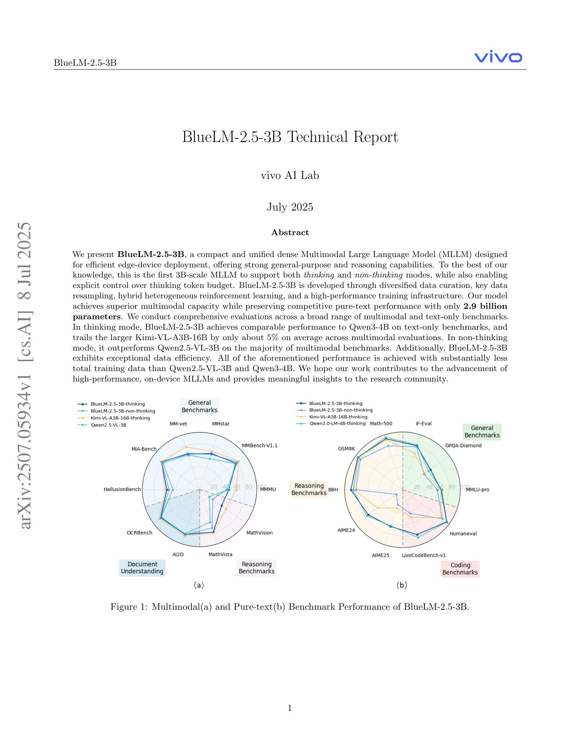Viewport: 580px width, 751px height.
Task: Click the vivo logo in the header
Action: tap(498, 58)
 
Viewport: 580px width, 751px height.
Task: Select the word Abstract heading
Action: tap(290, 232)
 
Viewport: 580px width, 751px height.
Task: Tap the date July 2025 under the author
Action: tap(290, 207)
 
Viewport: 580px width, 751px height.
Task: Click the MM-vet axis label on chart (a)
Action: tap(178, 424)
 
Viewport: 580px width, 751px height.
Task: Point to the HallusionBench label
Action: tap(122, 489)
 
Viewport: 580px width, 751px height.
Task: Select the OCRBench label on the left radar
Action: tap(140, 533)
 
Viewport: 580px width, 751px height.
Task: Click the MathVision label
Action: tap(259, 533)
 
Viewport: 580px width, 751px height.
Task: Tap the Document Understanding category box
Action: tap(142, 568)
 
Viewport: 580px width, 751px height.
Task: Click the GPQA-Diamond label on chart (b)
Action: tap(463, 445)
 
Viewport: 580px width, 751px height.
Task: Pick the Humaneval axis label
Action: tap(463, 533)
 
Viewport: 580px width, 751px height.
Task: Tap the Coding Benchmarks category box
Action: tap(460, 569)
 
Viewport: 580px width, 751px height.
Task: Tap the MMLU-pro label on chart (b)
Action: tap(477, 489)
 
